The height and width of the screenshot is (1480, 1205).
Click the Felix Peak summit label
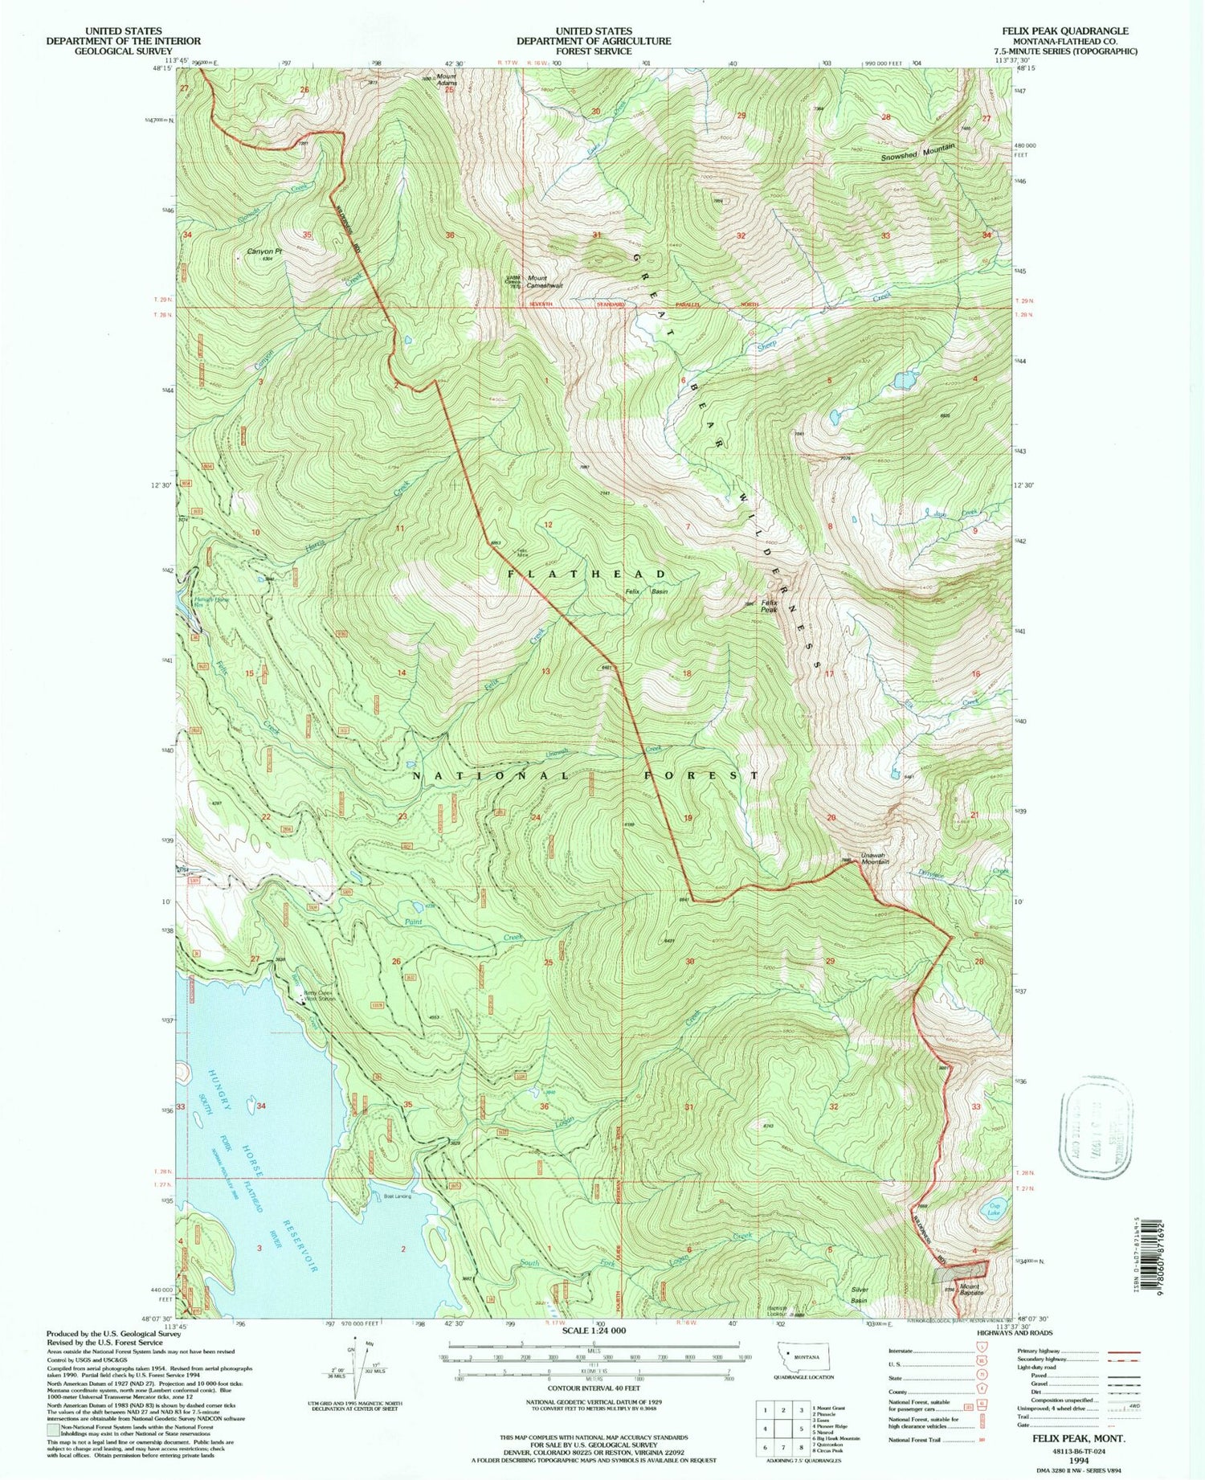coord(769,606)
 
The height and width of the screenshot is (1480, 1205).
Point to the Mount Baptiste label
coord(970,1292)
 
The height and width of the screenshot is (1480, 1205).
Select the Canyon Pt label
coord(265,251)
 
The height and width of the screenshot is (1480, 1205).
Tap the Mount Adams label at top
coord(447,80)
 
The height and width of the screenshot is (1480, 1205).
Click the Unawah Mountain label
coord(873,859)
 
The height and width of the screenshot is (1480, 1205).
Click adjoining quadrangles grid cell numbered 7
coord(784,1448)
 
